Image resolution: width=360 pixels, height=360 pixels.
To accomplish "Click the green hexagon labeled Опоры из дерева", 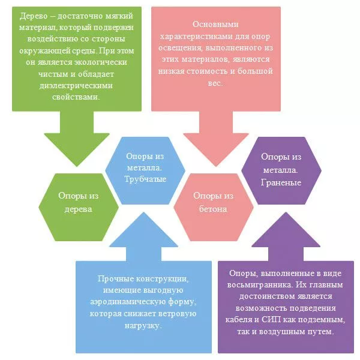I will tap(77, 203).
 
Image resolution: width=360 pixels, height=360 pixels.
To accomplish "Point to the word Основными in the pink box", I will tap(213, 23).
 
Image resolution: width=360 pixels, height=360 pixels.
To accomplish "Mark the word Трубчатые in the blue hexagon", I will tap(145, 179).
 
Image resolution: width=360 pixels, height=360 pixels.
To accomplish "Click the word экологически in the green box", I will tap(104, 60).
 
